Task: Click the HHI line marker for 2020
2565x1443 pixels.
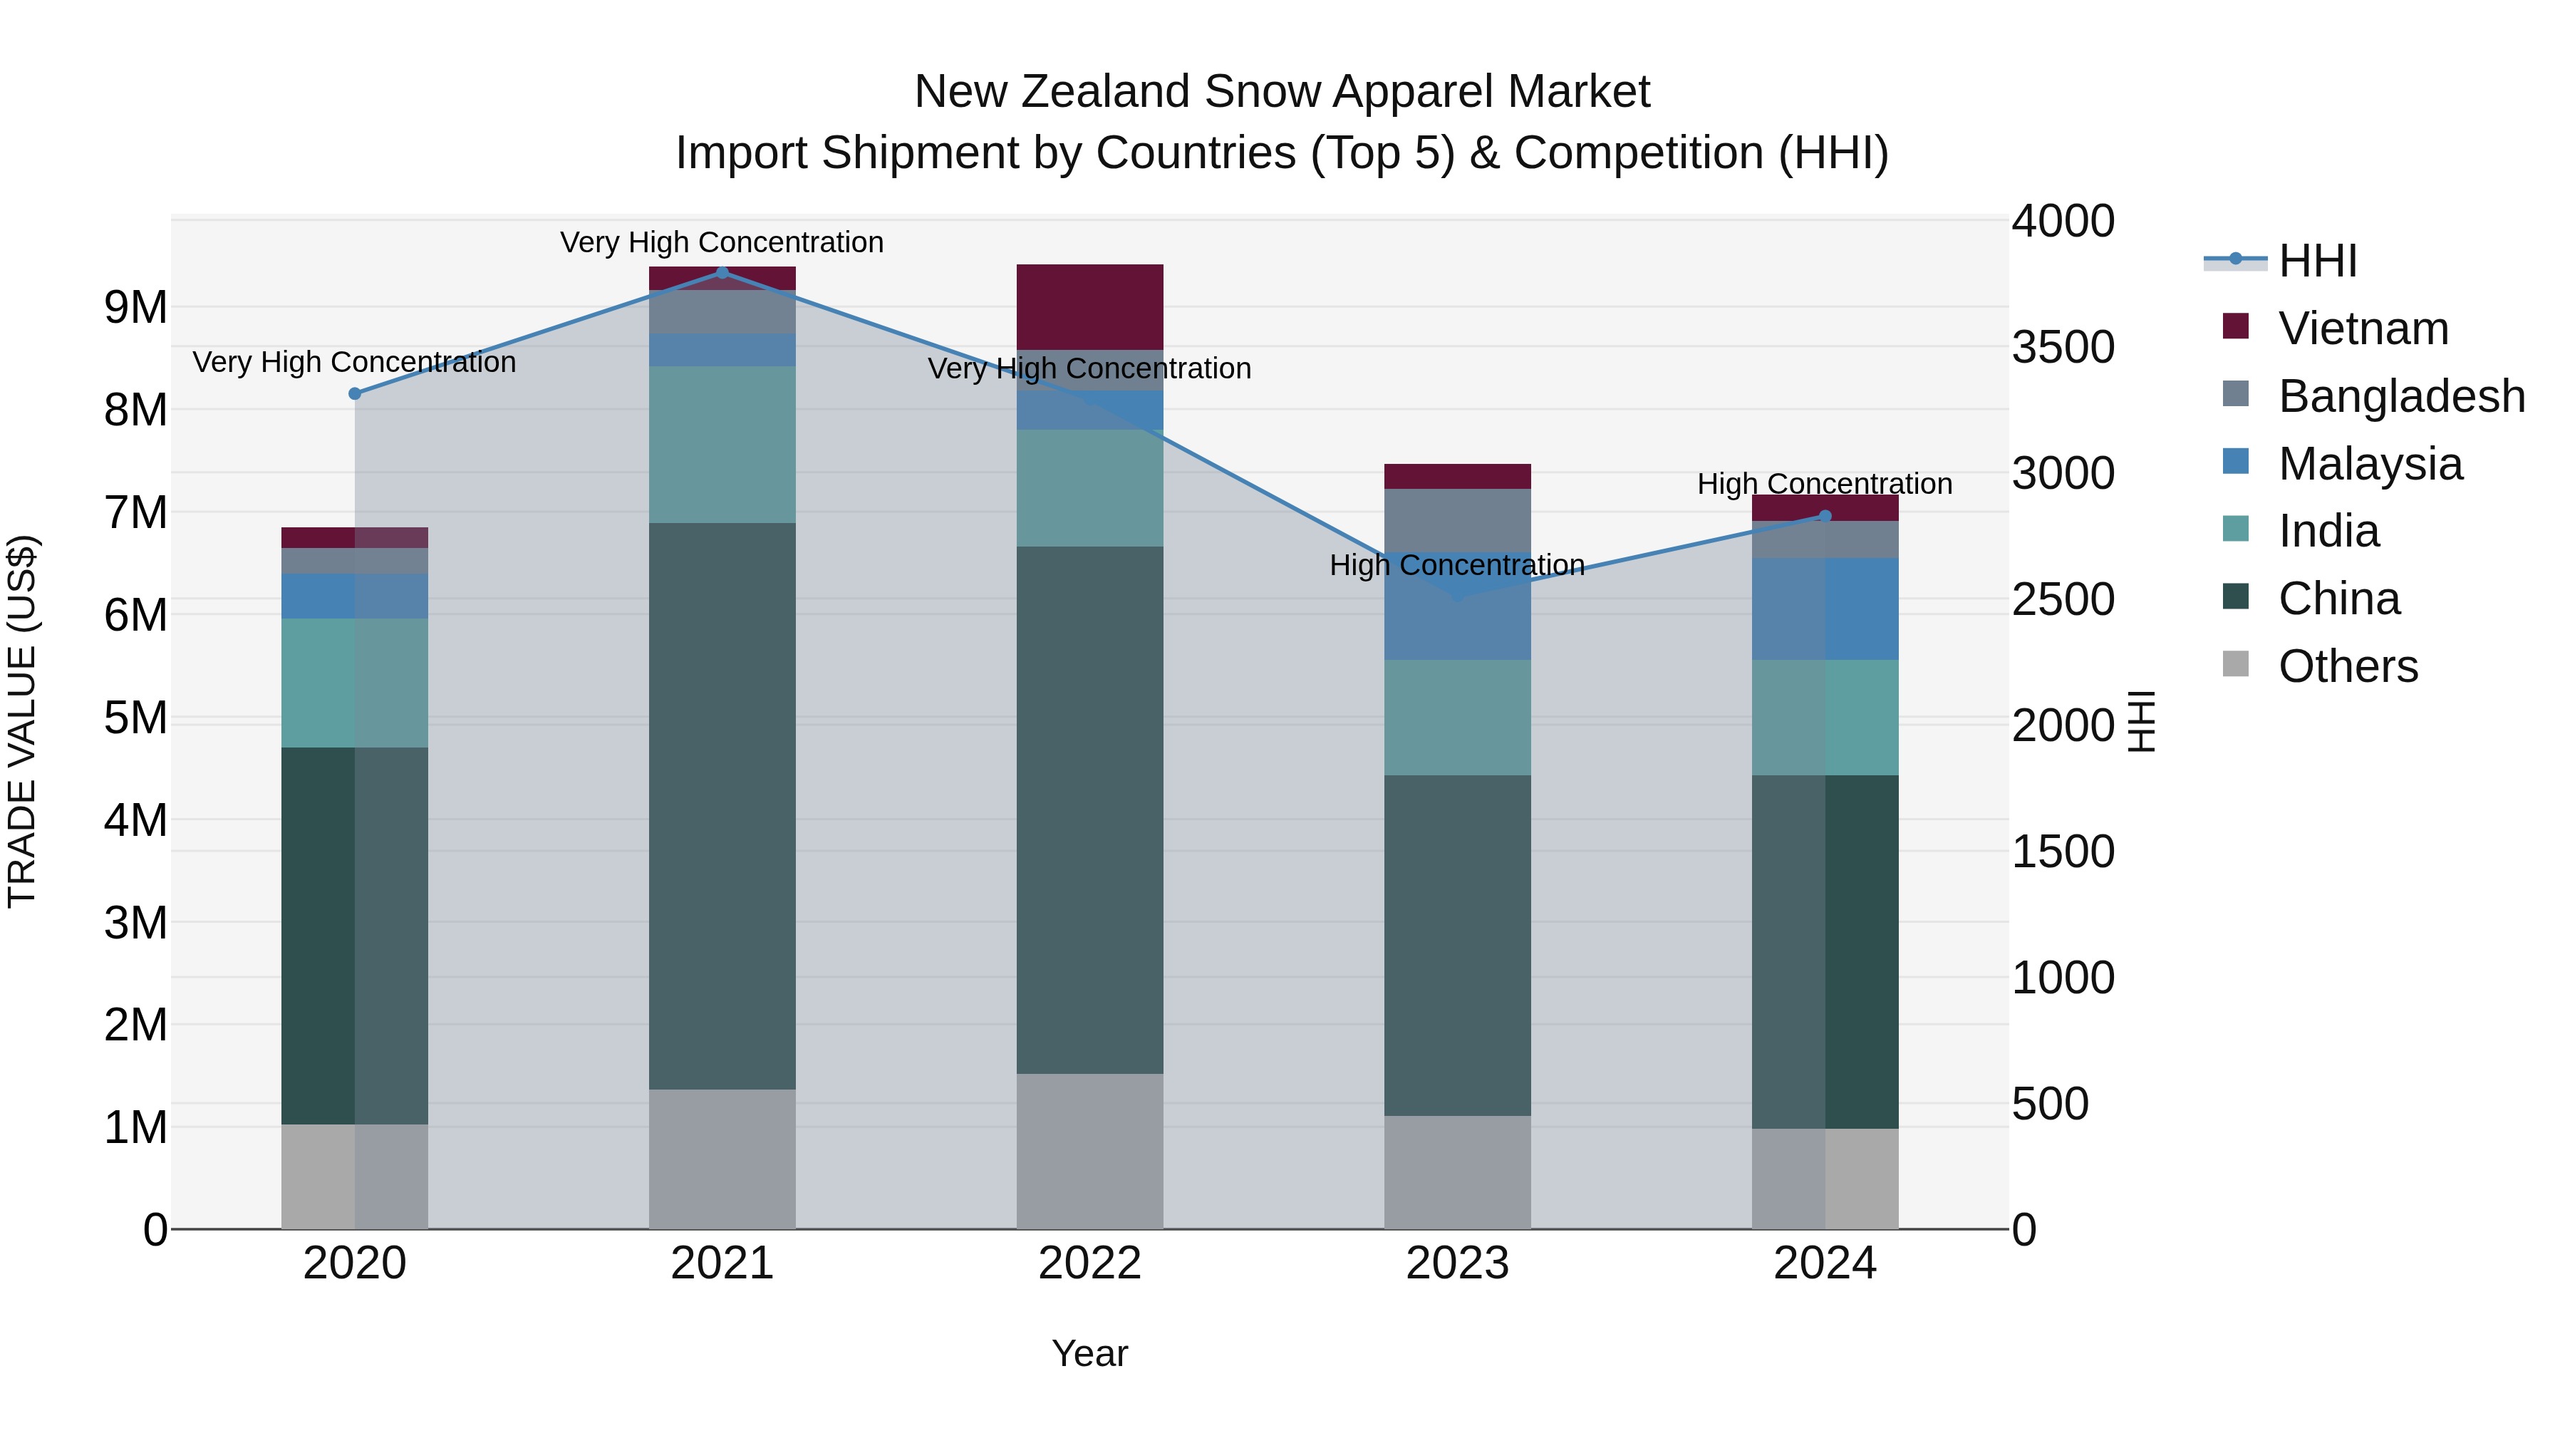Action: tap(355, 393)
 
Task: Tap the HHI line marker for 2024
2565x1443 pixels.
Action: tap(1825, 516)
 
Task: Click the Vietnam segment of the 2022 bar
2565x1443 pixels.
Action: tap(1089, 306)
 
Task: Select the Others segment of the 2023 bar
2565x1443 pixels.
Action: tap(1457, 1172)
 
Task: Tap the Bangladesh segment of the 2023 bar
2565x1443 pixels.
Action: tap(1457, 520)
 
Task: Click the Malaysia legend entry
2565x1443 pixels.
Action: tap(2370, 464)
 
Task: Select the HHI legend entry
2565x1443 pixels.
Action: tap(2317, 261)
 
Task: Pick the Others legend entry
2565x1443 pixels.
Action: tap(2347, 666)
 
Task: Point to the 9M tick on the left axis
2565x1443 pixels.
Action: tap(135, 308)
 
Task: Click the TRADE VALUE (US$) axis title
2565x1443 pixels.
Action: tap(22, 721)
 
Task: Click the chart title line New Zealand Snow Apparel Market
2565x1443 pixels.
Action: tap(1282, 92)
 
